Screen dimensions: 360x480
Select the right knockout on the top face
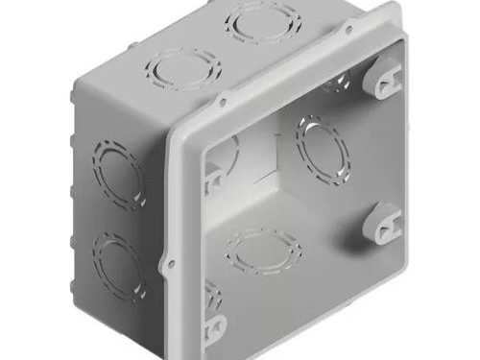(262, 21)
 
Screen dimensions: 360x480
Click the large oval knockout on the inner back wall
(323, 149)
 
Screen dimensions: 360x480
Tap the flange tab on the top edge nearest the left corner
(223, 100)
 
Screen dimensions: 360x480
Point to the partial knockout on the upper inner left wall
(225, 154)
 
